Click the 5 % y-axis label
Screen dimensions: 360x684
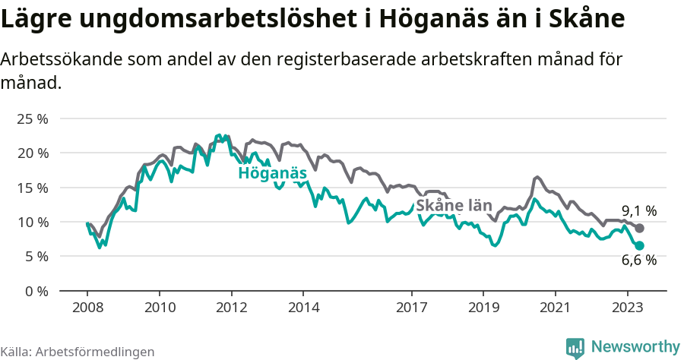(x=34, y=256)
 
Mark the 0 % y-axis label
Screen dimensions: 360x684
(x=34, y=291)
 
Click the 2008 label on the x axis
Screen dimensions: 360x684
(x=87, y=308)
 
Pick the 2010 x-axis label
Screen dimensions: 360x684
(x=160, y=308)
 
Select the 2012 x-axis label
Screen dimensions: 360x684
(x=232, y=308)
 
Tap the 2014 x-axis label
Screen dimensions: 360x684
(x=303, y=308)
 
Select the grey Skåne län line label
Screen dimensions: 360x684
(x=453, y=205)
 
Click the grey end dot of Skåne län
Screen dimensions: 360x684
(x=640, y=228)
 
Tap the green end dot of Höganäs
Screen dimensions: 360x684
(x=640, y=245)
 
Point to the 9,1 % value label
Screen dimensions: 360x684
(x=639, y=210)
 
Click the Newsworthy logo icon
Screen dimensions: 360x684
(x=575, y=348)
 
